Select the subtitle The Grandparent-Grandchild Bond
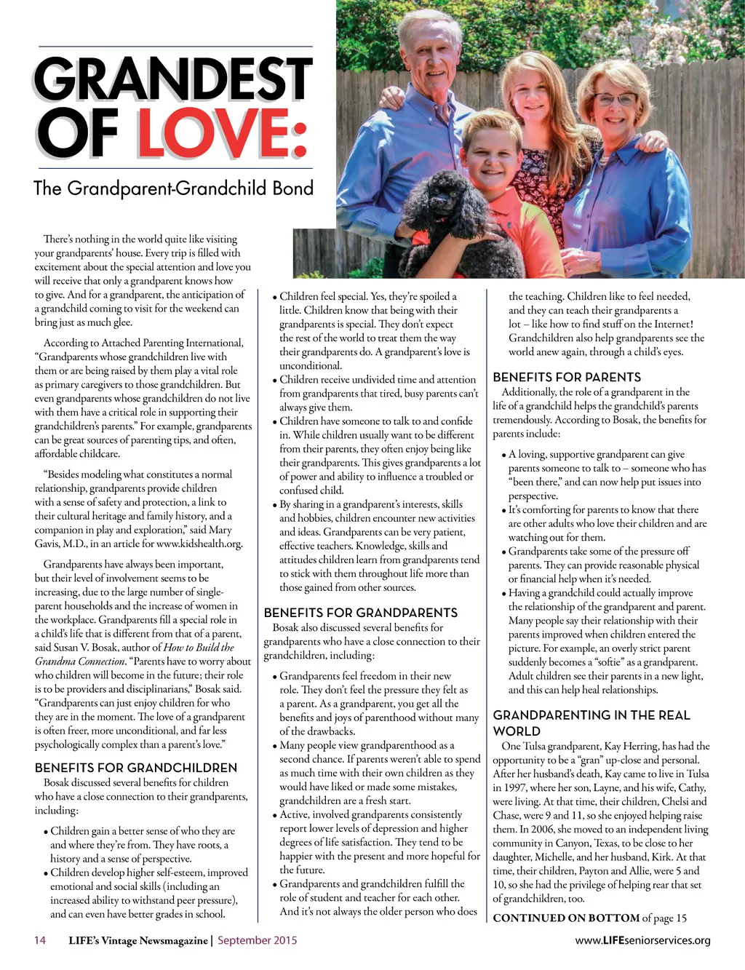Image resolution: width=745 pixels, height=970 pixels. click(173, 188)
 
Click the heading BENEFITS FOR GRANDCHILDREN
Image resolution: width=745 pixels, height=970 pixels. click(136, 768)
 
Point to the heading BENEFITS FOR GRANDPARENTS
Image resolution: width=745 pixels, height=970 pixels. click(361, 613)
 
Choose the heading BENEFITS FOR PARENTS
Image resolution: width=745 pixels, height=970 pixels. click(567, 377)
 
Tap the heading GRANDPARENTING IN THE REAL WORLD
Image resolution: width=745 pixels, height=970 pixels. click(591, 723)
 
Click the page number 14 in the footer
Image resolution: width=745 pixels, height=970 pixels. click(40, 940)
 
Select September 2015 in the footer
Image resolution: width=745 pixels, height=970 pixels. click(257, 940)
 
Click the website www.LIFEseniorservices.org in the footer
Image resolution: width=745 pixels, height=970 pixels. click(642, 940)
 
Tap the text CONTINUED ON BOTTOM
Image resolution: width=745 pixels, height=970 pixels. click(566, 918)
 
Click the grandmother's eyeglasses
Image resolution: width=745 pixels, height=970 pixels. click(616, 100)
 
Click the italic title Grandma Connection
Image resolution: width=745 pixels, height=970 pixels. click(81, 661)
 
